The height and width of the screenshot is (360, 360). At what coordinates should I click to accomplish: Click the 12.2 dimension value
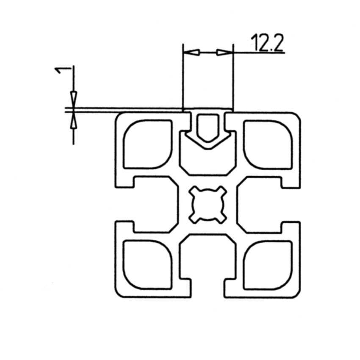[267, 42]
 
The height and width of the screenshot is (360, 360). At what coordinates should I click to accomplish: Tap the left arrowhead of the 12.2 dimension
[192, 53]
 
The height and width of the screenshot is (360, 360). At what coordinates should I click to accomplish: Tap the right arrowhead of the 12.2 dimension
[224, 53]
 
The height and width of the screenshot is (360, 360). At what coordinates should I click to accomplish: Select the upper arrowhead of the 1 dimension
[73, 99]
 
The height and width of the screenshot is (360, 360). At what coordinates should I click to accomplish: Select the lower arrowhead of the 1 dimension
[73, 121]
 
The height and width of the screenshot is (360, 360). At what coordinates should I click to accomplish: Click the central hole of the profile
[208, 205]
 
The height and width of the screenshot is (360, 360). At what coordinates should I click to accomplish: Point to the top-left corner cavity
[148, 144]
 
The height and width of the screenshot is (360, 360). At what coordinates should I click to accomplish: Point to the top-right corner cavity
[268, 145]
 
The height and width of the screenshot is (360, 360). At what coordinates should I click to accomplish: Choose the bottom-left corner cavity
[148, 264]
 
